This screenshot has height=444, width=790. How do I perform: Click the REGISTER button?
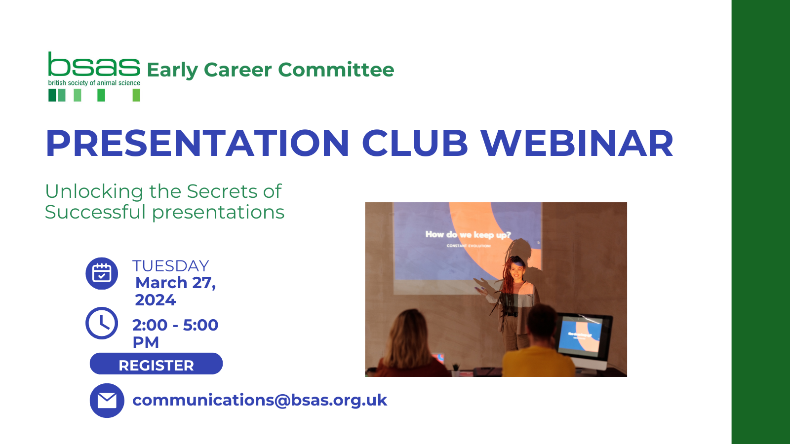[156, 364]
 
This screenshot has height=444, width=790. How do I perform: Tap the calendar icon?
[102, 273]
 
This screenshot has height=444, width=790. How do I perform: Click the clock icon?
[102, 323]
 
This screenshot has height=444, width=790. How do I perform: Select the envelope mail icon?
[107, 401]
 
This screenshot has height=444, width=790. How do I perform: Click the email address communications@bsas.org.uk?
[260, 400]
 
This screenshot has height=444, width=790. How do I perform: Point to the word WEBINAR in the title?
[577, 144]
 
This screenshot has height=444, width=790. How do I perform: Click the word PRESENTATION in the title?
[197, 144]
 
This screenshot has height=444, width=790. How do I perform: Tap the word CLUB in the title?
[415, 144]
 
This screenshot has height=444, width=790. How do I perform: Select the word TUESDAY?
[171, 266]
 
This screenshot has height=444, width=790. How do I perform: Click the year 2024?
[155, 300]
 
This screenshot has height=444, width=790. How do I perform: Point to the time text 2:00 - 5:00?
[175, 325]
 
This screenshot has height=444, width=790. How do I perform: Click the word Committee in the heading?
[336, 70]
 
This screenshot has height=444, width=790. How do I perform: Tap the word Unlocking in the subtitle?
[94, 191]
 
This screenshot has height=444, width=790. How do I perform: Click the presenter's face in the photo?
[517, 272]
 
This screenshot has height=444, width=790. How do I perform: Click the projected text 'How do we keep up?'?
[468, 235]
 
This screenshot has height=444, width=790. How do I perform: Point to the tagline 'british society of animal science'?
[94, 83]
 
